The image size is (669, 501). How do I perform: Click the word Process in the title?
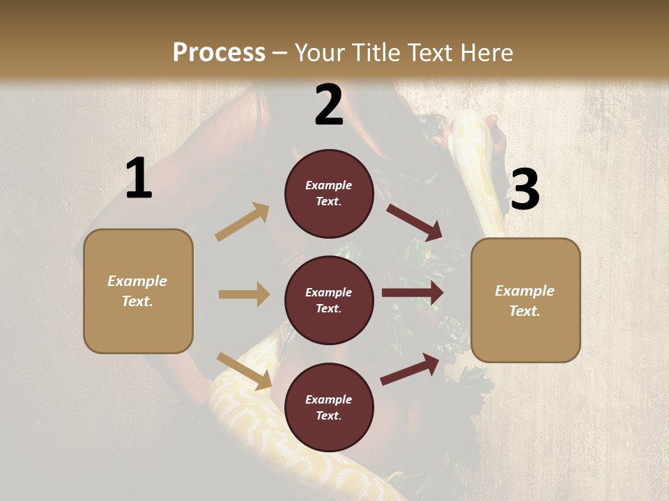[x=219, y=52]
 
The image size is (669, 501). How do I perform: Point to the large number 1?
[x=139, y=179]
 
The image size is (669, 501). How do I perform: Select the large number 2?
[x=329, y=105]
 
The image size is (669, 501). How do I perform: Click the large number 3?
[x=525, y=190]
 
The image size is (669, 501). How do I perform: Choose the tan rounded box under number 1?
[x=138, y=291]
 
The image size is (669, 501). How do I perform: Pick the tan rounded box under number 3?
[x=525, y=301]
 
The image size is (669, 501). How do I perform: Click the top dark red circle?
[x=329, y=193]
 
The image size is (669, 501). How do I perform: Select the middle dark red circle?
[x=329, y=301]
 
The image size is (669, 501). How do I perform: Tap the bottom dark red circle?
[x=329, y=408]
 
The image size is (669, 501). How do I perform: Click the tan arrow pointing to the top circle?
[x=243, y=222]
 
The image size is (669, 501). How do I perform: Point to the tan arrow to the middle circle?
[x=244, y=294]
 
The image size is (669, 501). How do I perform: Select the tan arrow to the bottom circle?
[x=244, y=371]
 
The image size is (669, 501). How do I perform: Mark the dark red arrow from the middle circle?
[x=413, y=293]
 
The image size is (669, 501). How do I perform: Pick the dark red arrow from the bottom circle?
[x=410, y=369]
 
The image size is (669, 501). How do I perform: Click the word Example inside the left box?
[x=137, y=281]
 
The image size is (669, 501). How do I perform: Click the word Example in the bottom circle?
[x=329, y=399]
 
